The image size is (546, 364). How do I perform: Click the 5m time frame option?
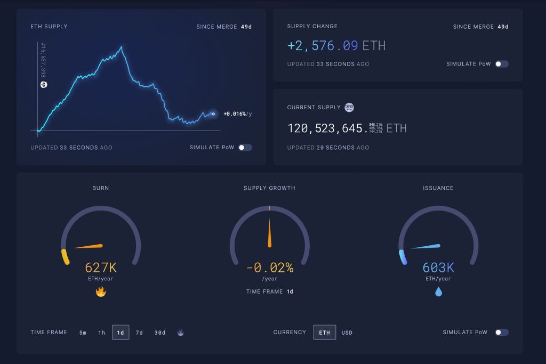pyautogui.click(x=83, y=333)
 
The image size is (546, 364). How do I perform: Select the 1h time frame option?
pyautogui.click(x=101, y=333)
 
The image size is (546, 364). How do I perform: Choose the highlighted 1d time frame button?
pyautogui.click(x=121, y=333)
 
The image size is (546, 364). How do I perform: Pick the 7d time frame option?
pyautogui.click(x=139, y=333)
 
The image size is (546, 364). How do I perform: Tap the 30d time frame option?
pyautogui.click(x=160, y=333)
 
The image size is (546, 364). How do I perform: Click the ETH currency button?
pyautogui.click(x=324, y=333)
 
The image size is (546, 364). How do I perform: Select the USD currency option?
pyautogui.click(x=347, y=333)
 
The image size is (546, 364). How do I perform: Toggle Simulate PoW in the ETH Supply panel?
pyautogui.click(x=245, y=148)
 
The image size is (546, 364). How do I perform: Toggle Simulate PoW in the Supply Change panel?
pyautogui.click(x=501, y=64)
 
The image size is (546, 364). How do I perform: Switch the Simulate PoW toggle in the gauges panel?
pyautogui.click(x=501, y=333)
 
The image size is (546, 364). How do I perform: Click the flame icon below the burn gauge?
pyautogui.click(x=101, y=292)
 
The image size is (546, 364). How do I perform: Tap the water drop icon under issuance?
pyautogui.click(x=438, y=292)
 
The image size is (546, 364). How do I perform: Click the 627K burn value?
pyautogui.click(x=101, y=268)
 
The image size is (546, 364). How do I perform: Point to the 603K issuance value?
pyautogui.click(x=438, y=268)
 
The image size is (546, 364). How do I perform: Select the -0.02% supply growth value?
pyautogui.click(x=270, y=268)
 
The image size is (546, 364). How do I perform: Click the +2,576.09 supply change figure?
pyautogui.click(x=323, y=46)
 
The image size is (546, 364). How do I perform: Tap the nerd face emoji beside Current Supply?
pyautogui.click(x=349, y=107)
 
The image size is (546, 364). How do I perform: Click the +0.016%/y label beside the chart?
pyautogui.click(x=238, y=114)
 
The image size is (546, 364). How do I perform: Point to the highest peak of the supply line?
pyautogui.click(x=122, y=47)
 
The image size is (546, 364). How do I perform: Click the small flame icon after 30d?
pyautogui.click(x=181, y=333)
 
